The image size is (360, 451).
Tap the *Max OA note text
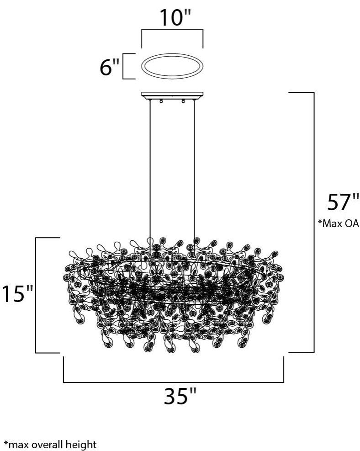pos(339,223)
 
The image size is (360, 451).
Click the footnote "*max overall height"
pos(50,444)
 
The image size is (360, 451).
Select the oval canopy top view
pos(172,67)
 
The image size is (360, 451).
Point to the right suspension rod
pos(195,174)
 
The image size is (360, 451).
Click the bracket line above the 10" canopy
pos(172,31)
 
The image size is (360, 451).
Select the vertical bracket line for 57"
pos(314,223)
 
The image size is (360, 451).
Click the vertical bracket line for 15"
pos(36,295)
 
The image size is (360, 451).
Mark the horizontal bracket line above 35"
pos(173,382)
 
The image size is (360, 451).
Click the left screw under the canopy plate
pos(161,101)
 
